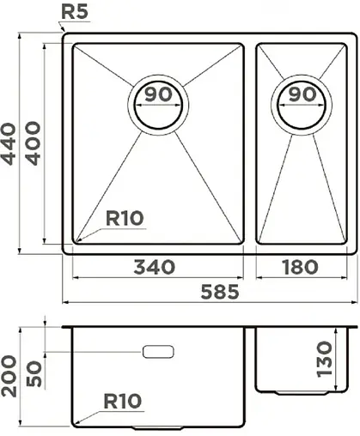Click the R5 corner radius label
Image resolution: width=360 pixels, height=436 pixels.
pos(76,13)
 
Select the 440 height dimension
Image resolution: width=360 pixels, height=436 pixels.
pos(10,144)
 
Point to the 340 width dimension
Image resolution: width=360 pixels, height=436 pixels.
pos(155,268)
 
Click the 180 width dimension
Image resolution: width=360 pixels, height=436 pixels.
pos(302,268)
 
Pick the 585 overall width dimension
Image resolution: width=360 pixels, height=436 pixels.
pos(216,292)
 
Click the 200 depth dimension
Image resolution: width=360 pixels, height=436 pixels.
pos(10,374)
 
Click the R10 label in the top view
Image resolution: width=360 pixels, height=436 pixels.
pos(124,219)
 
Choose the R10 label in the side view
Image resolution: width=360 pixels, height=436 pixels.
pos(122,400)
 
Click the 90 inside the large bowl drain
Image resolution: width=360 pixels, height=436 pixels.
pos(156,95)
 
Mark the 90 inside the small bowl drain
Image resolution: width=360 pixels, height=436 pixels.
pos(301,95)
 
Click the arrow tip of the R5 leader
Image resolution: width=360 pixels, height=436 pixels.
pos(64,32)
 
